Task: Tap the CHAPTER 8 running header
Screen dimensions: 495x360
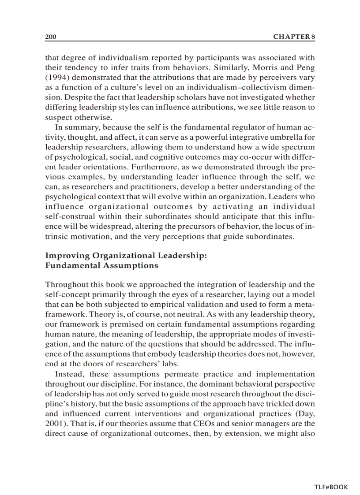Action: tap(294, 37)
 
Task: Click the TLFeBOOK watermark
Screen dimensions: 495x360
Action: tap(331, 487)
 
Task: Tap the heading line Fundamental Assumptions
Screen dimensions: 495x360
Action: tap(101, 266)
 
